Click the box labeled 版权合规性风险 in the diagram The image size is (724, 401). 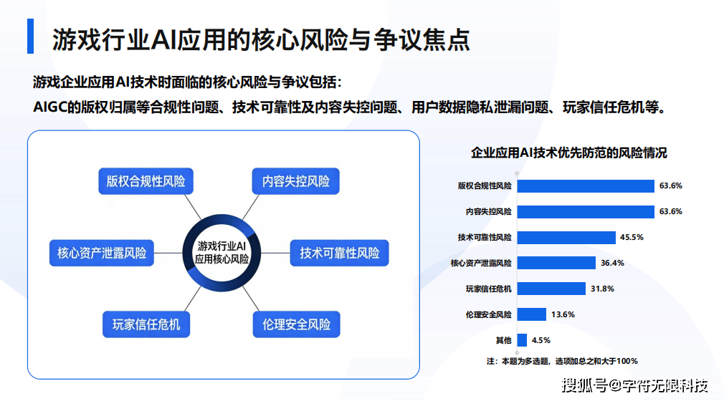[146, 181]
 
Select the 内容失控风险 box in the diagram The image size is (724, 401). [295, 181]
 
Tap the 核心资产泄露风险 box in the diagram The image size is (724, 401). [102, 253]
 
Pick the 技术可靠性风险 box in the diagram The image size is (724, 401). [339, 253]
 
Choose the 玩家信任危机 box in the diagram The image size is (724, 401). [146, 324]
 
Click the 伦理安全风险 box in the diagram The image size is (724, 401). [297, 324]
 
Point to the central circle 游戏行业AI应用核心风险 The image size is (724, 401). [222, 253]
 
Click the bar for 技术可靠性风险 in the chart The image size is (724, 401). [566, 237]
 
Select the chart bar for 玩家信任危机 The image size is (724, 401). [551, 289]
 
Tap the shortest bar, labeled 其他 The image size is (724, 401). [522, 340]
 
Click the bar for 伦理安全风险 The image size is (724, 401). [531, 314]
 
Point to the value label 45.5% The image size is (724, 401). [632, 237]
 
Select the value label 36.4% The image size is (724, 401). [612, 263]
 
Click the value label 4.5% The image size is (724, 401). [540, 340]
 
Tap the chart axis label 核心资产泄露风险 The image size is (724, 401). [481, 263]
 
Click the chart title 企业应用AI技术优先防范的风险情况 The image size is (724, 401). [569, 153]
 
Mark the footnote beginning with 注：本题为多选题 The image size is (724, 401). [562, 361]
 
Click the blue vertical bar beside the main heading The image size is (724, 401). [31, 36]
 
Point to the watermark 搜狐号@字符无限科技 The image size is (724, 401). [635, 385]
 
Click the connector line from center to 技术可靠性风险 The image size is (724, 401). [275, 253]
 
